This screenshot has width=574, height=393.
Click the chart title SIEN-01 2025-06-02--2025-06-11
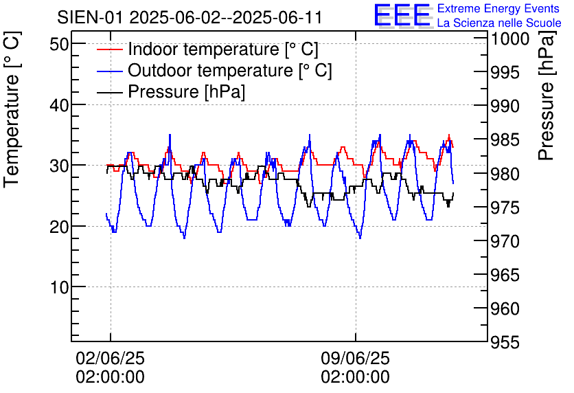pos(190,17)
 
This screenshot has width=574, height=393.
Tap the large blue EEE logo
pos(402,16)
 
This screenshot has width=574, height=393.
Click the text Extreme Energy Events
pos(498,9)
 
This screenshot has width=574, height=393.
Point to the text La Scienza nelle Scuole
pos(498,23)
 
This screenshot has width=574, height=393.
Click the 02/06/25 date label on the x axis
pos(110,359)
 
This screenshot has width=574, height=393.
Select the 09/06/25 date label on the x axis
pos(356,359)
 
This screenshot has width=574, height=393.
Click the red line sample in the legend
pos(110,50)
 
